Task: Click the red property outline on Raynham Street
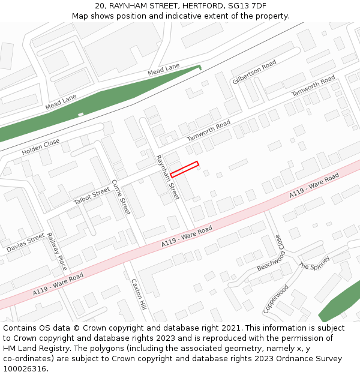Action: [x=184, y=169]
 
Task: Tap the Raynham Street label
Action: [x=167, y=178]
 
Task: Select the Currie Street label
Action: [x=121, y=197]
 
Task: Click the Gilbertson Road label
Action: [x=254, y=72]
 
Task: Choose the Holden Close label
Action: [x=41, y=146]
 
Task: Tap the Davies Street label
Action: [x=26, y=243]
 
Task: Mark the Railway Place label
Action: [x=57, y=251]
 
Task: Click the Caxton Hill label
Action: [x=139, y=294]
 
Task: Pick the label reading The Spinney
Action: [x=314, y=263]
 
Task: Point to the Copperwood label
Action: [x=276, y=299]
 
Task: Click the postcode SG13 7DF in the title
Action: [x=247, y=6]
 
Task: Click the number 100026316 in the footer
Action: [x=24, y=368]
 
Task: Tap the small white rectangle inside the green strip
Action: [x=80, y=114]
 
